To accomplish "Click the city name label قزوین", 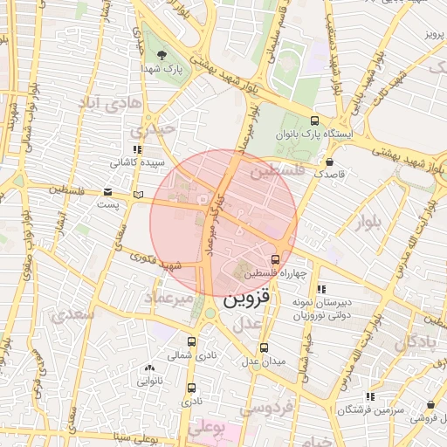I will point(253,299).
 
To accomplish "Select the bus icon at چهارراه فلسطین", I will point(276,259).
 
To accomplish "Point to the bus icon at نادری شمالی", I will point(192,341).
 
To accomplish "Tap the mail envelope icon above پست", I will point(107,191).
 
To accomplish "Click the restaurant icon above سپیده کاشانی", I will point(137,149).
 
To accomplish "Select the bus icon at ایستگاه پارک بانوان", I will point(314,121).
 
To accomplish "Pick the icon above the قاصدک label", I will point(329,162).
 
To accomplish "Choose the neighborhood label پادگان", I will point(418,342).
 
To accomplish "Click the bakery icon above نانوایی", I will point(150,368).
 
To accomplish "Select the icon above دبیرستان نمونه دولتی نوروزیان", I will point(321,289).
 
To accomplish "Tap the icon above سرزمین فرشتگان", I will point(370,396).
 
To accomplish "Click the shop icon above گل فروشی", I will point(431,405).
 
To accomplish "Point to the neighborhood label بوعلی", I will point(208,429).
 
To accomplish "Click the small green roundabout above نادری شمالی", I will point(210,313).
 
